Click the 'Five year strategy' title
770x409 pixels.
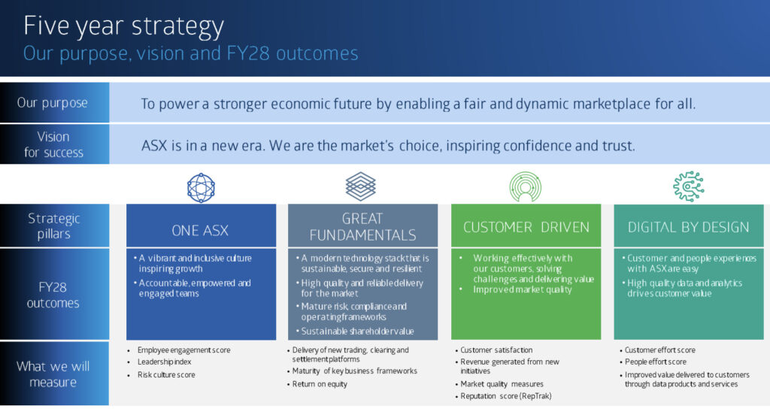(x=123, y=26)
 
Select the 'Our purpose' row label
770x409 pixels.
(x=53, y=103)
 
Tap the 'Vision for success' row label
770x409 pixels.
(x=53, y=144)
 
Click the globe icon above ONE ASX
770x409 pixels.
(x=201, y=187)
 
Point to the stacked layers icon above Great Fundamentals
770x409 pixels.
(x=361, y=186)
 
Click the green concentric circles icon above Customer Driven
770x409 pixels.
(x=526, y=186)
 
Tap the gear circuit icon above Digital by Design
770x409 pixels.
(x=689, y=186)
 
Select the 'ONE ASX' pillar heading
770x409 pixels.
(x=200, y=230)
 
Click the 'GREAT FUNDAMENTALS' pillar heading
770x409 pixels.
(x=362, y=226)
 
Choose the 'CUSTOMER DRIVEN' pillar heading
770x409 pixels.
(x=526, y=227)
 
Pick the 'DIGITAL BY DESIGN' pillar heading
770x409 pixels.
(x=689, y=227)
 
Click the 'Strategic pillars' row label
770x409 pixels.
(x=53, y=226)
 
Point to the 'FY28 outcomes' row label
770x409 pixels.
(x=53, y=295)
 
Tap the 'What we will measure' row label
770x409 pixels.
(x=53, y=374)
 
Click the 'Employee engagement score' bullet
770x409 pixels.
(x=183, y=350)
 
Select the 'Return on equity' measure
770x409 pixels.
(x=320, y=384)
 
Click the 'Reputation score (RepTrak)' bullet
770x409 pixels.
(x=506, y=395)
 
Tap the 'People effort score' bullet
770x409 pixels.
(x=656, y=362)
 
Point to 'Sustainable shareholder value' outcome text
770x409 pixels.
(x=357, y=332)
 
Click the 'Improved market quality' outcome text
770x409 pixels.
(x=523, y=289)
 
